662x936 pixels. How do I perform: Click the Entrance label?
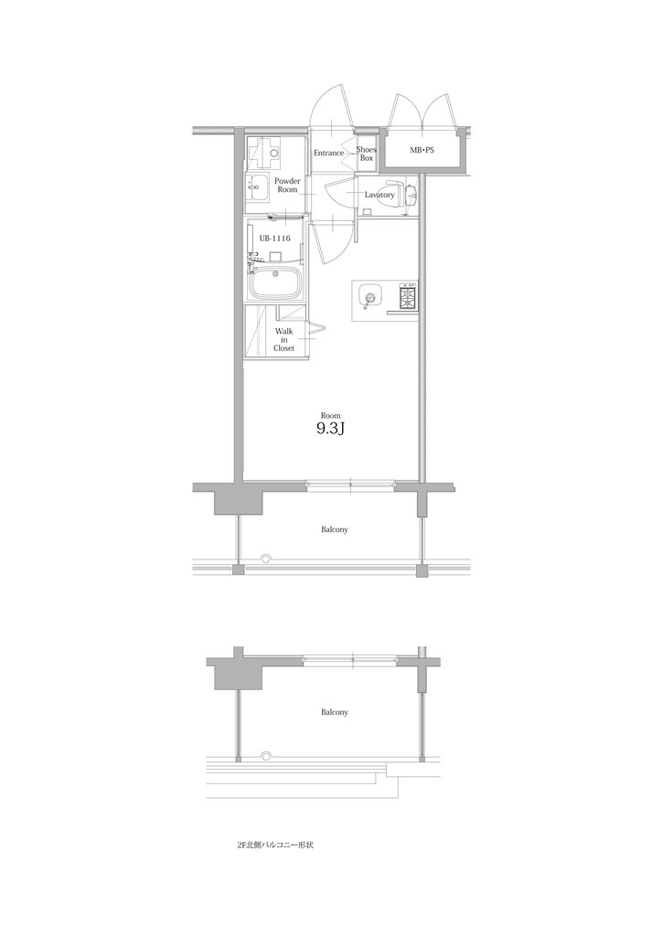click(x=328, y=153)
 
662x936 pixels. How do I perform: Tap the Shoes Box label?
click(x=366, y=154)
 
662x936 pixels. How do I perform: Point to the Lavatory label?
click(x=379, y=195)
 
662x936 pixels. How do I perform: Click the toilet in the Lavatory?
click(x=409, y=195)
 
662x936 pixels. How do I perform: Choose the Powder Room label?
click(x=287, y=186)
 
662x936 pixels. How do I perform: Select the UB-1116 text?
click(x=275, y=238)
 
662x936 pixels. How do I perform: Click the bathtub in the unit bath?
click(x=276, y=284)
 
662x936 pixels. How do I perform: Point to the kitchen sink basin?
click(x=369, y=296)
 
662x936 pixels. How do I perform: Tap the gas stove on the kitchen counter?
click(x=407, y=296)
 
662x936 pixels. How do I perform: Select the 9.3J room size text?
click(x=330, y=430)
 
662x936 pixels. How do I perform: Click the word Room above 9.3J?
click(x=330, y=414)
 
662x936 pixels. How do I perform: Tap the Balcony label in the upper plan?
click(x=334, y=529)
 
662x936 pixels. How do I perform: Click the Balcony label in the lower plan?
click(x=334, y=712)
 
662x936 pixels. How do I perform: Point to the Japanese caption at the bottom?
click(x=275, y=846)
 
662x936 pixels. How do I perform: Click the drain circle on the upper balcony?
click(x=266, y=558)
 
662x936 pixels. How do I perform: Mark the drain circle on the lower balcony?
click(x=266, y=755)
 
